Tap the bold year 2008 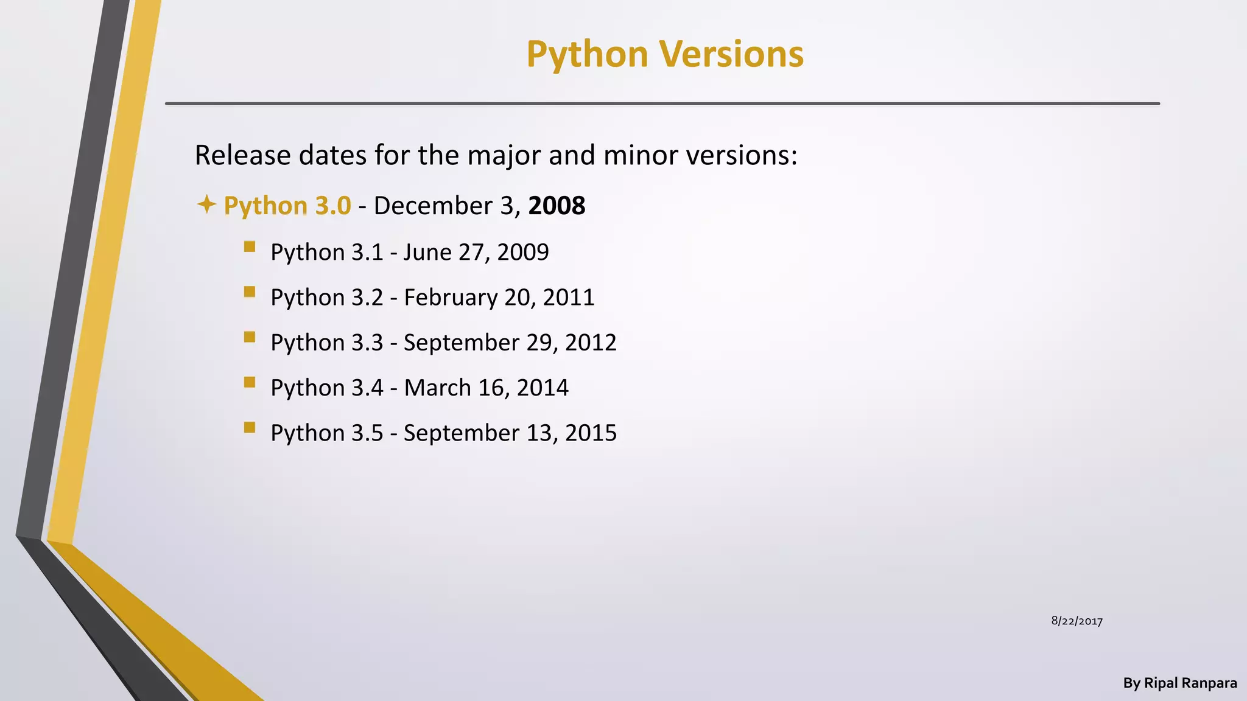(557, 206)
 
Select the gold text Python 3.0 (287, 206)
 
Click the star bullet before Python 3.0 (206, 204)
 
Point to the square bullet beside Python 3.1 (249, 246)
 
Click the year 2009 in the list (522, 252)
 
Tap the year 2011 (568, 298)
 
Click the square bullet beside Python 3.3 (249, 337)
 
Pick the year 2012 (591, 343)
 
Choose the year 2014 (542, 388)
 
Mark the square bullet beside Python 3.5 (249, 427)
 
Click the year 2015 (591, 433)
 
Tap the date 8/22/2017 (1077, 621)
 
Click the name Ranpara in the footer (1209, 683)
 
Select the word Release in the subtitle (242, 155)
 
